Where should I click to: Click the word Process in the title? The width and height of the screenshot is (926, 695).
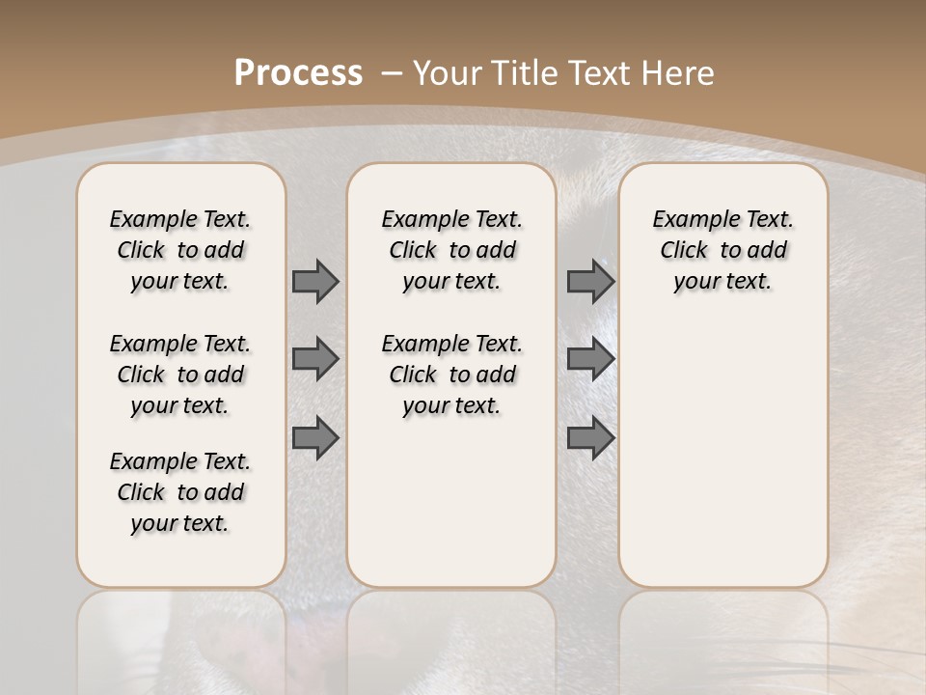click(299, 72)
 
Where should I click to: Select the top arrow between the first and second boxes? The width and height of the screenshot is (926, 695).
click(315, 281)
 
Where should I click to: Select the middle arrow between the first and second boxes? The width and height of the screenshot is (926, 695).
click(315, 359)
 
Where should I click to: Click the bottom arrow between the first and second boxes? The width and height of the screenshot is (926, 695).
click(315, 438)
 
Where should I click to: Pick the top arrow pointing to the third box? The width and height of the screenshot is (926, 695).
click(590, 281)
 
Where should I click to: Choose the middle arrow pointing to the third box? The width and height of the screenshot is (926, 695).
click(590, 359)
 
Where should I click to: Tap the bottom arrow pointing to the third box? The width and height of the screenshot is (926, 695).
click(590, 438)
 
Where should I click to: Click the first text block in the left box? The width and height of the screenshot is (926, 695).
click(180, 250)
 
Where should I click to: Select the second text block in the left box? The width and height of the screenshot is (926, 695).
click(180, 375)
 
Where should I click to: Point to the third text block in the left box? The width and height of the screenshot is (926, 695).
click(180, 492)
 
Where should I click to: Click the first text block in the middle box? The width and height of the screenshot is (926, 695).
click(451, 250)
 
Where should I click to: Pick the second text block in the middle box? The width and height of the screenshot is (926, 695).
click(451, 375)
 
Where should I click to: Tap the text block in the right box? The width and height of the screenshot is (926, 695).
click(722, 250)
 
